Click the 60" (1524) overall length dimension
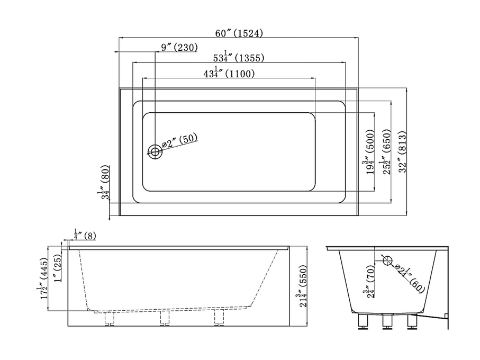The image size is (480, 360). (x=239, y=33)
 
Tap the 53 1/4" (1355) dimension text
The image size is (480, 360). (x=238, y=57)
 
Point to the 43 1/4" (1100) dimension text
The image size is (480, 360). (x=229, y=74)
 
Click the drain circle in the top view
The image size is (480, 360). (x=155, y=152)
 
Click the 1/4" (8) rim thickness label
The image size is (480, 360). (x=85, y=236)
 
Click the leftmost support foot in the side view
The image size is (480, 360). (x=110, y=319)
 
